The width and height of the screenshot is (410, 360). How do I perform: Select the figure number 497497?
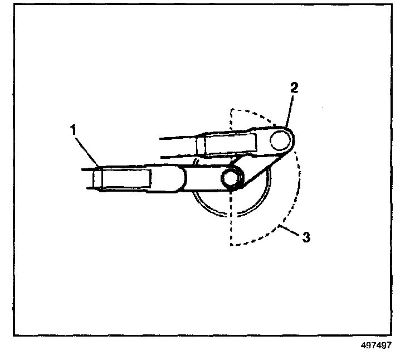(376, 346)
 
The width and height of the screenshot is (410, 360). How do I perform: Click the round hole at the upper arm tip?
(280, 140)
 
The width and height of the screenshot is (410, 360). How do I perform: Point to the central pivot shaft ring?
(231, 178)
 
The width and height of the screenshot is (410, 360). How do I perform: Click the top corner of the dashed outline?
(231, 110)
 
